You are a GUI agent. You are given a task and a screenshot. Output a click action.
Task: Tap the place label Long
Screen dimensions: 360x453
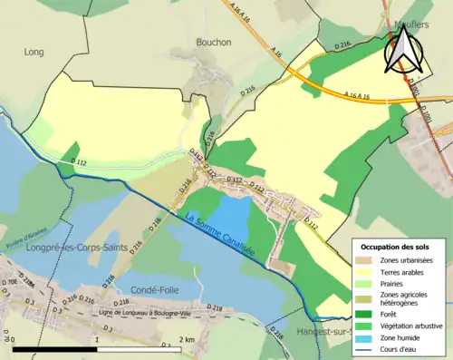pos(34,53)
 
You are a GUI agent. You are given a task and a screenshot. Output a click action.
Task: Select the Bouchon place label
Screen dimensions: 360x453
pos(214,42)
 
